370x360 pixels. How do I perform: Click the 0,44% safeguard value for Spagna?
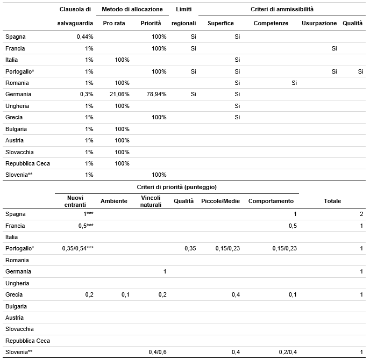(x=85, y=37)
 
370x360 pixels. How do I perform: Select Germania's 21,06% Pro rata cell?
(x=119, y=95)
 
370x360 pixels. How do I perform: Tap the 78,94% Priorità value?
(x=156, y=95)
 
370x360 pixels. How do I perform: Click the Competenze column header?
(x=271, y=23)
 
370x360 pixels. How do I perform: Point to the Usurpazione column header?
(x=319, y=23)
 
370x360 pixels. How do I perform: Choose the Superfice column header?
(x=220, y=23)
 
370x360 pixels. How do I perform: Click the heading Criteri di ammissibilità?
(x=282, y=9)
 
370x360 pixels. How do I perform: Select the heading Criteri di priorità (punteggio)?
(x=177, y=187)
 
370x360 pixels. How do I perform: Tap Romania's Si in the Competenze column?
(x=294, y=83)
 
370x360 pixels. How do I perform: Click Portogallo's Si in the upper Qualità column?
(x=360, y=71)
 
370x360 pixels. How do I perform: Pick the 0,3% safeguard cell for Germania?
(x=87, y=95)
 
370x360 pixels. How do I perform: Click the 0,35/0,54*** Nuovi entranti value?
(x=78, y=248)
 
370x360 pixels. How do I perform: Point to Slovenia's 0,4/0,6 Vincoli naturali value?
(x=158, y=352)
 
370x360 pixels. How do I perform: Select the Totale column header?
(x=332, y=201)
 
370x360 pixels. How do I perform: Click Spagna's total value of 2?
(x=361, y=214)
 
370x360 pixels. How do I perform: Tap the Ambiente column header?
(x=113, y=201)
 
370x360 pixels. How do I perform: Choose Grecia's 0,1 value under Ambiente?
(x=125, y=294)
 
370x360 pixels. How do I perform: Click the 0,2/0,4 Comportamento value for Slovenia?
(x=288, y=352)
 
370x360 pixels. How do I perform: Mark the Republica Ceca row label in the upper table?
(x=27, y=164)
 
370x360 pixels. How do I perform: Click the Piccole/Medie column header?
(x=220, y=201)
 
